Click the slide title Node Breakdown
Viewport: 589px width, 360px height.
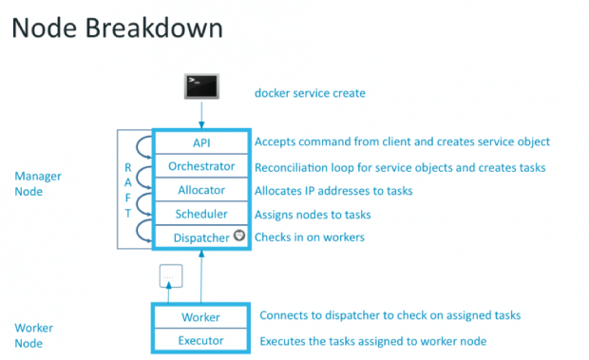click(x=117, y=28)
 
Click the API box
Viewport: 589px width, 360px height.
click(x=200, y=142)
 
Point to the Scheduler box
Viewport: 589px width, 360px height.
click(x=200, y=215)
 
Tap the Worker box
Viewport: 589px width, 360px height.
click(x=200, y=316)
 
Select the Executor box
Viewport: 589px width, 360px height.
click(x=200, y=339)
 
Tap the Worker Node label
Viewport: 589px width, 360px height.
click(x=33, y=334)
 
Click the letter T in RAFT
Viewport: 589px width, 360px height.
click(x=128, y=215)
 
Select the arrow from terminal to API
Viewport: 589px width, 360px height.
click(x=200, y=117)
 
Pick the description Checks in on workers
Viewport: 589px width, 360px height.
click(x=309, y=237)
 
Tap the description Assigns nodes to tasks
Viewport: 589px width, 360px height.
click(x=313, y=215)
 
